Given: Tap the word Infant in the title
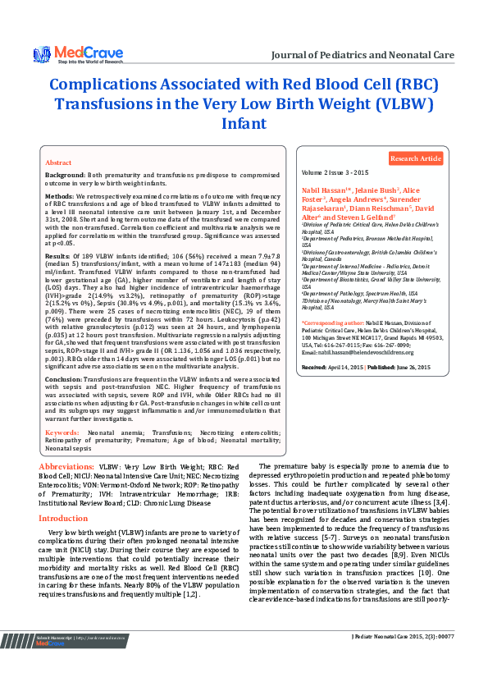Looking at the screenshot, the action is pos(244,124).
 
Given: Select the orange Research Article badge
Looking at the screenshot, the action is pos(415,158).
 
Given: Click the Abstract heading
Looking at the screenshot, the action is pos(57,163).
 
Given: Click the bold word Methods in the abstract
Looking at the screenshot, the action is pos(59,197).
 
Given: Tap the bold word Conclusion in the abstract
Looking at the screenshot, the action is pos(63,379).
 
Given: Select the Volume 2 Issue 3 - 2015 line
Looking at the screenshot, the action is pos(335,174).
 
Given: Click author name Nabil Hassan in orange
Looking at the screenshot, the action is pos(326,190).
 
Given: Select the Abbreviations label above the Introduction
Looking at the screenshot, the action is pos(66,465).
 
